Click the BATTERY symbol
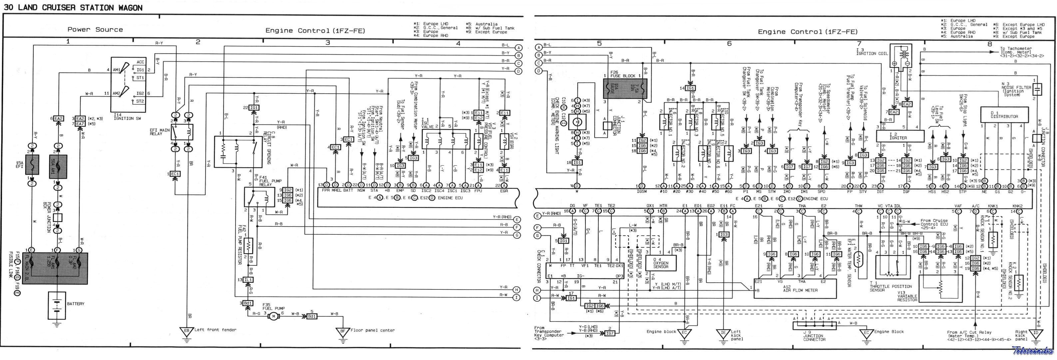coord(57,306)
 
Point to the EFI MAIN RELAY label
coord(160,132)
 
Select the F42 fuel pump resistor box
coord(248,246)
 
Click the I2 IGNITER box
coord(900,136)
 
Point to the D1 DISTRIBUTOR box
coord(1004,115)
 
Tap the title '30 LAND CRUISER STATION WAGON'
coord(73,7)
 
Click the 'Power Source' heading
coord(95,30)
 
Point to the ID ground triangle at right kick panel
coord(1036,333)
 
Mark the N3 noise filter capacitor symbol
coord(1037,89)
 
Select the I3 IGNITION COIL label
coord(872,52)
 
